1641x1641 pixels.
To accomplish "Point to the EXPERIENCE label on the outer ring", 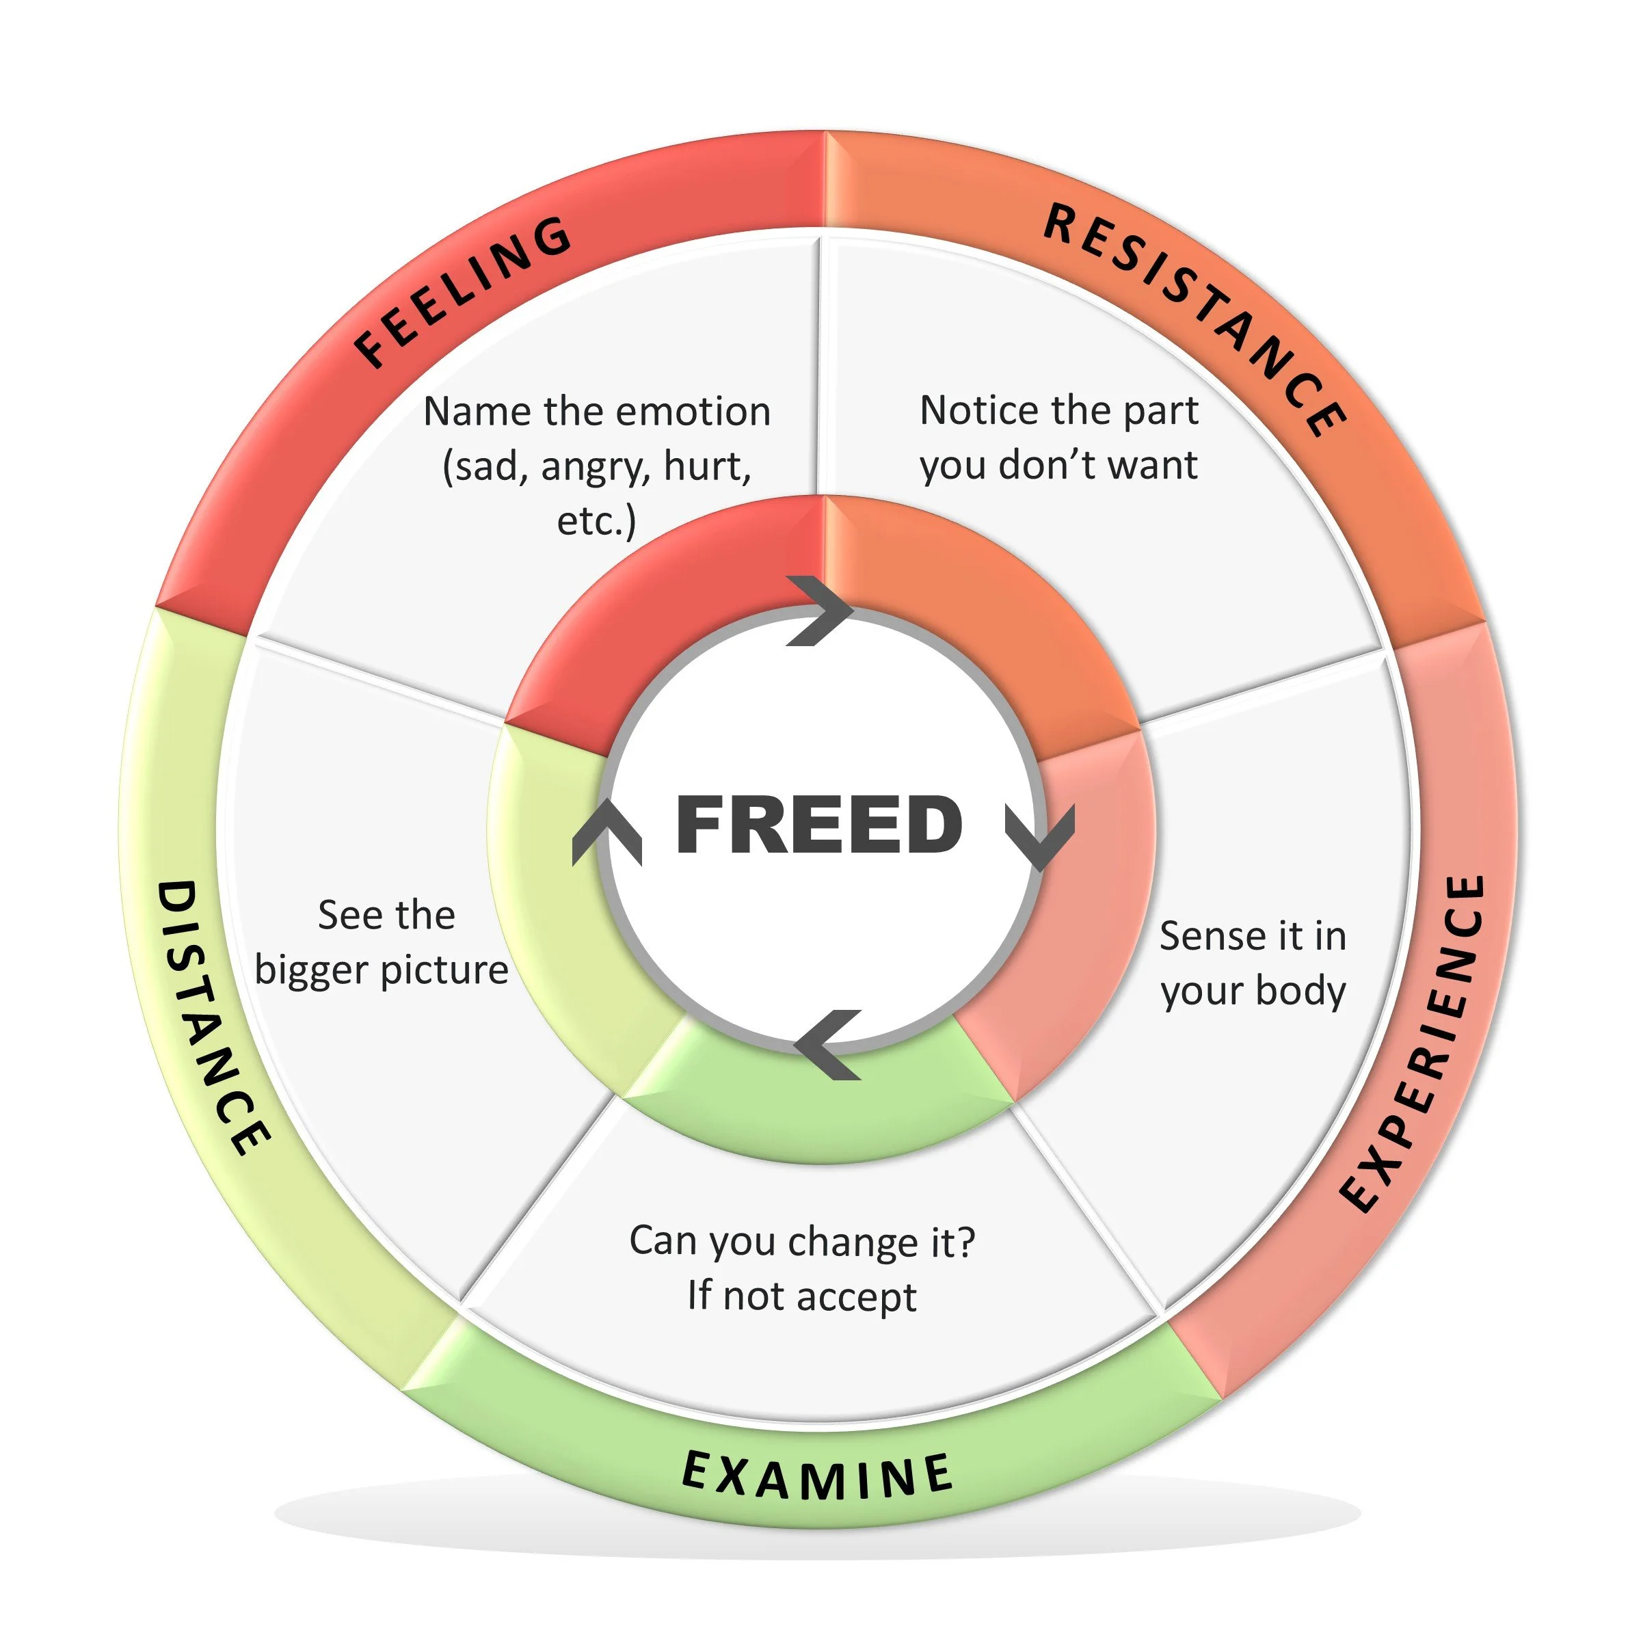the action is point(1416,1044).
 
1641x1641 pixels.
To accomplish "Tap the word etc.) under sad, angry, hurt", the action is point(596,520).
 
